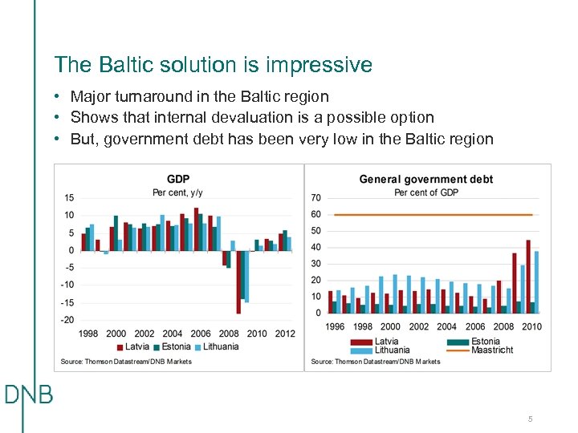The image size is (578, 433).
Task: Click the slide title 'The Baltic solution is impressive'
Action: point(213,65)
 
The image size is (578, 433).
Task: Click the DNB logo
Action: point(28,395)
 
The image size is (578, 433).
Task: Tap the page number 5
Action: point(530,419)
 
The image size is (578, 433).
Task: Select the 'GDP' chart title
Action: point(177,179)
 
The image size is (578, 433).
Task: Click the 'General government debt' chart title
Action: point(425,180)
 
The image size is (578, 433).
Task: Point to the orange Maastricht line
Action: point(433,215)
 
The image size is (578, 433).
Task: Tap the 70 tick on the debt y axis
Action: point(315,197)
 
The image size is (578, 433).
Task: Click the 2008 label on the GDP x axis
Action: point(229,334)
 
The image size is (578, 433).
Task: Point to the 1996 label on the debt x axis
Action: point(335,326)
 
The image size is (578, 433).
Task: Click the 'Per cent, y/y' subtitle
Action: point(177,192)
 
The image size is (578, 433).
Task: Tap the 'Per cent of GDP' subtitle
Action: point(425,192)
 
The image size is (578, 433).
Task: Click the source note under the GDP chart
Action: point(126,362)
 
